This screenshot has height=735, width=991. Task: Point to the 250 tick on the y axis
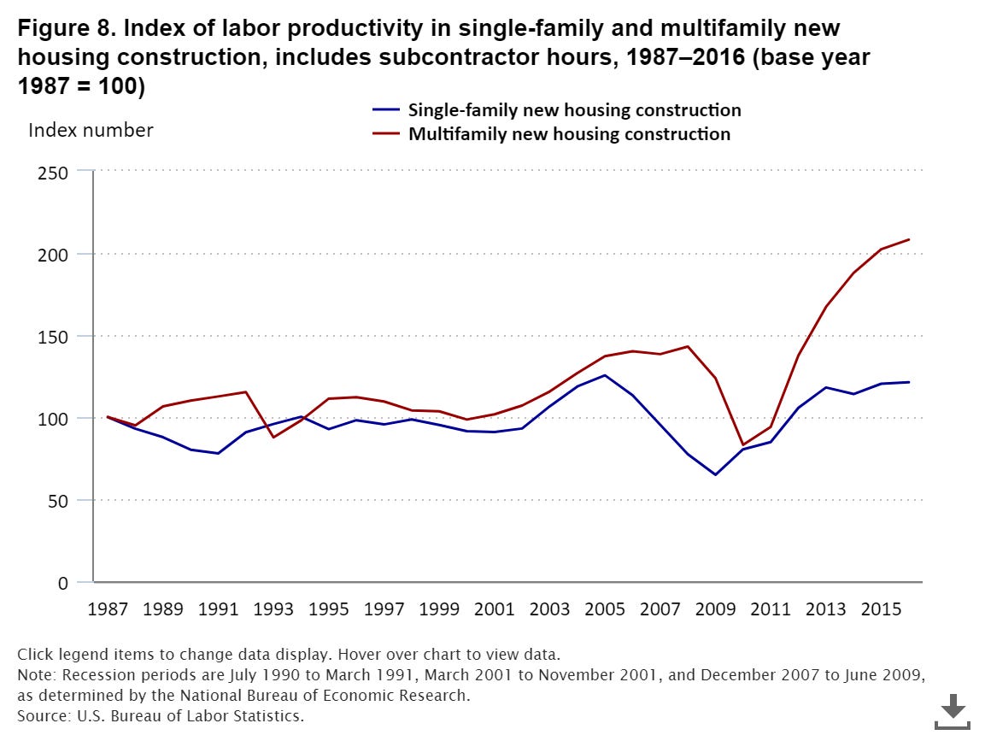click(54, 172)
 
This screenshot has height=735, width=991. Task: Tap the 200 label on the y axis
click(54, 254)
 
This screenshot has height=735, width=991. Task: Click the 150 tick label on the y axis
click(54, 336)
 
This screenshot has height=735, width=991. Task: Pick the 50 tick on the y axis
click(58, 501)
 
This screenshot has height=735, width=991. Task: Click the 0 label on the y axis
click(63, 583)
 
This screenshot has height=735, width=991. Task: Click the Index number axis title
click(91, 131)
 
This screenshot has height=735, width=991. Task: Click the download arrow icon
click(953, 709)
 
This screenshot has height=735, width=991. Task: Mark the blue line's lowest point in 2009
click(715, 474)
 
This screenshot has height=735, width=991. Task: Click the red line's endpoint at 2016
click(909, 239)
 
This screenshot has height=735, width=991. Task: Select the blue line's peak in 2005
click(605, 375)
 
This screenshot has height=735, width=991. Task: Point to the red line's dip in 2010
click(743, 445)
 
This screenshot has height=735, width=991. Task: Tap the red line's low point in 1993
click(273, 438)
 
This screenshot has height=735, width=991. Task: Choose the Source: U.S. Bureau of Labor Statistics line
click(161, 715)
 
